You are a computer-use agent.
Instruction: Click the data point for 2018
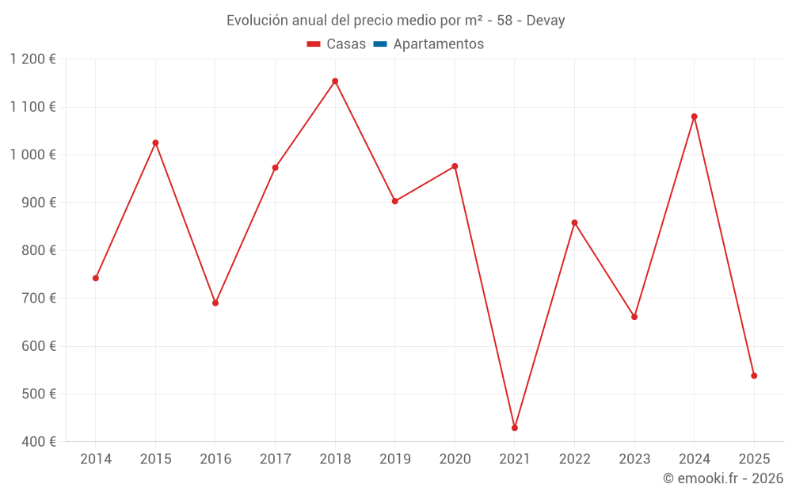(x=335, y=81)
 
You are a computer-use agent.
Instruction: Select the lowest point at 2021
(x=515, y=428)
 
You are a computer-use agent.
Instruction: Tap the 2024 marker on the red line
(x=695, y=116)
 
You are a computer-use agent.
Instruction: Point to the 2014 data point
(x=96, y=278)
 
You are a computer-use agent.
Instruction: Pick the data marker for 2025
(x=754, y=375)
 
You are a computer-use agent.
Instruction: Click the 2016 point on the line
(x=215, y=303)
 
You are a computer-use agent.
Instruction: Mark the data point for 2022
(x=574, y=223)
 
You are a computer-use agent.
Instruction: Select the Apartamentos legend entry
(x=438, y=44)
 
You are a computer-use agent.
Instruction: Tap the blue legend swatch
(x=379, y=44)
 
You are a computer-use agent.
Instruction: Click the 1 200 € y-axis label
(x=32, y=59)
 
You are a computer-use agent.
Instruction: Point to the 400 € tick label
(x=39, y=442)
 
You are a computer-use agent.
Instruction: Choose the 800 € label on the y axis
(x=39, y=250)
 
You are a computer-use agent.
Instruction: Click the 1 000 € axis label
(x=32, y=154)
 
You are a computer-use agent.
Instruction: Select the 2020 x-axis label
(x=455, y=459)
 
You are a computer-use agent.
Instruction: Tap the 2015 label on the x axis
(x=155, y=459)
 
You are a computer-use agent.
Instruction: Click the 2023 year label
(x=634, y=459)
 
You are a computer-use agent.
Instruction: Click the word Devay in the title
(x=545, y=21)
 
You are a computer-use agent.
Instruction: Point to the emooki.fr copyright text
(x=722, y=478)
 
